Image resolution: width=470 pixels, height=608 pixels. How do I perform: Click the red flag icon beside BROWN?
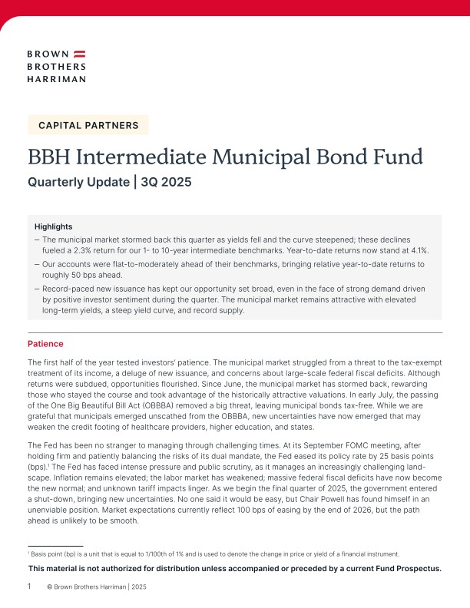(79, 55)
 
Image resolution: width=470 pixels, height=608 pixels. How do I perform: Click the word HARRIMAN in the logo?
(56, 78)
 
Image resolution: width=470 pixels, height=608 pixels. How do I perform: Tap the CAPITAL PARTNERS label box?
(88, 124)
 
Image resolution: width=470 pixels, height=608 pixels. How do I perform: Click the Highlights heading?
(54, 226)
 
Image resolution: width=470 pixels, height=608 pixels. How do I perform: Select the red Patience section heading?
(45, 343)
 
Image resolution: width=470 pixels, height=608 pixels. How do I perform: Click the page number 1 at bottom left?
(29, 587)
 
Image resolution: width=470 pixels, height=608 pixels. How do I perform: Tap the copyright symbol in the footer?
(50, 587)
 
